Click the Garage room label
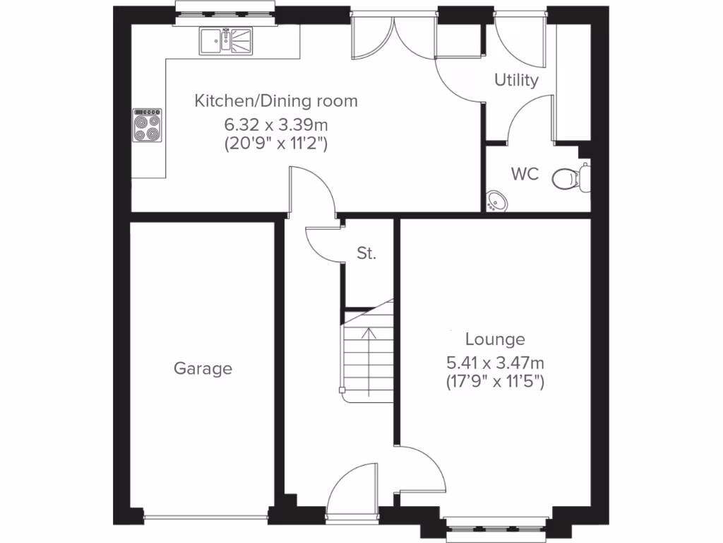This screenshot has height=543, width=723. pyautogui.click(x=203, y=368)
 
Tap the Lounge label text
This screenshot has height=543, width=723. pyautogui.click(x=494, y=339)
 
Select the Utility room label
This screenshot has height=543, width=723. pyautogui.click(x=516, y=80)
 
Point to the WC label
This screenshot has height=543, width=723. pyautogui.click(x=525, y=174)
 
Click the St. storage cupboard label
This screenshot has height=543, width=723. pyautogui.click(x=366, y=254)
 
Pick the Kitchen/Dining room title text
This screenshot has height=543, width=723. pyautogui.click(x=276, y=100)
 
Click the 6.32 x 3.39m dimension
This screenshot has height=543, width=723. pyautogui.click(x=276, y=125)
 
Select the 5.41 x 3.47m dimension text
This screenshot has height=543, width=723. pyautogui.click(x=494, y=363)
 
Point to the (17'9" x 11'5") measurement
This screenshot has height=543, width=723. pyautogui.click(x=494, y=381)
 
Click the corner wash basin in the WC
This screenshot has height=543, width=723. pyautogui.click(x=496, y=201)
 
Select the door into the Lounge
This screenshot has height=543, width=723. pyautogui.click(x=422, y=469)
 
